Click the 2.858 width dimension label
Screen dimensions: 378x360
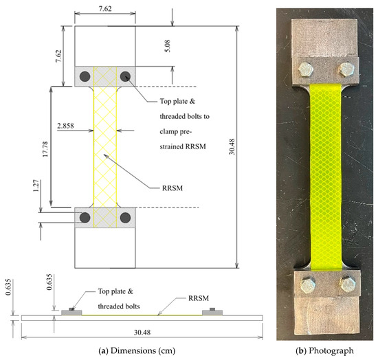coord(65,126)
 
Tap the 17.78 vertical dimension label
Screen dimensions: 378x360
coord(45,149)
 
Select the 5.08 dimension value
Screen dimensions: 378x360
coord(167,46)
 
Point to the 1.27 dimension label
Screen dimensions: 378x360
coord(36,185)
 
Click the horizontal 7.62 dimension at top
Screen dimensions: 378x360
coord(105,9)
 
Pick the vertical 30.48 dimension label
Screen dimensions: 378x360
coord(232,147)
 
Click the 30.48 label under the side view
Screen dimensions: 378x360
coord(142,333)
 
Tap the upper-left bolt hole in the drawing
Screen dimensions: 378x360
coord(85,76)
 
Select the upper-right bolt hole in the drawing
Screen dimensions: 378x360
coord(125,76)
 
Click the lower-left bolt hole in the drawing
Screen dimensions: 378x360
coord(85,218)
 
